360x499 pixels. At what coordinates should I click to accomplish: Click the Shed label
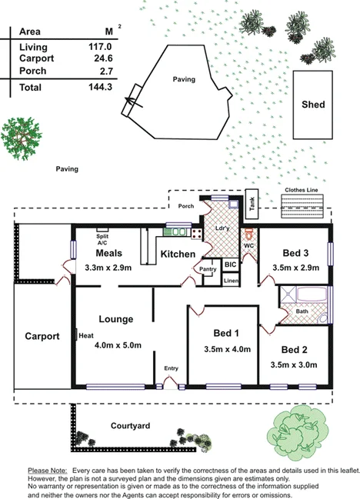click(x=312, y=105)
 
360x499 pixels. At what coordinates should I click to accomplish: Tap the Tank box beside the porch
click(x=252, y=202)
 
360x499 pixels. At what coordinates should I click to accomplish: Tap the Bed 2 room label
click(x=296, y=348)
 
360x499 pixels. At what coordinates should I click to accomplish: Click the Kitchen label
click(x=177, y=254)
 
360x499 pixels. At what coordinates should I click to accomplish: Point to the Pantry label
click(x=207, y=269)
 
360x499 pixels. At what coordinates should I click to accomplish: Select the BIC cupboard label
click(x=229, y=264)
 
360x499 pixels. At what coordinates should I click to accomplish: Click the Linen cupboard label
click(x=231, y=281)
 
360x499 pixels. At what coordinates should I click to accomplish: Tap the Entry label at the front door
click(x=171, y=368)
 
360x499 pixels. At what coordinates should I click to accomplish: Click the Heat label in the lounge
click(x=85, y=334)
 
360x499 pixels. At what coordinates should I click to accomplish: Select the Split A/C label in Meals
click(x=102, y=239)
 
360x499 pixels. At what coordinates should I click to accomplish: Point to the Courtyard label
click(x=130, y=425)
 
